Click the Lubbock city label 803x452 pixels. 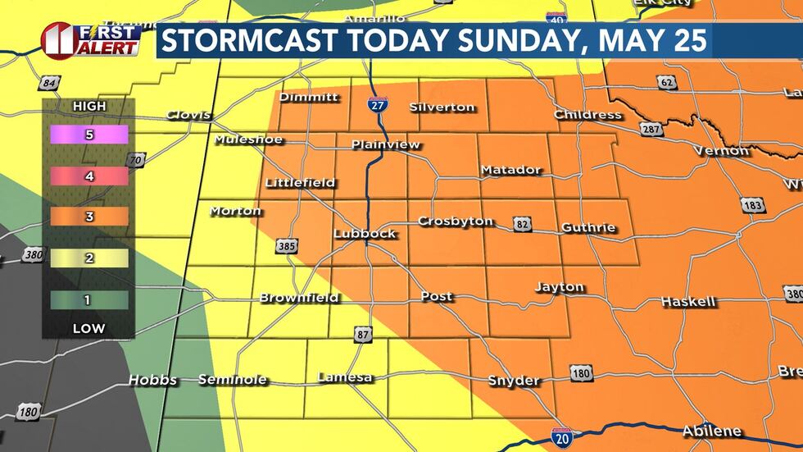pos(365,234)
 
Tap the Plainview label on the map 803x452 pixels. pos(385,145)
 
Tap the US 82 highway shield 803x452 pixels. pos(522,223)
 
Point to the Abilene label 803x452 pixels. pos(711,431)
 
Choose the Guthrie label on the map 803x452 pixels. pos(588,227)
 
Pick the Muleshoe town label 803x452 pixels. pos(248,140)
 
